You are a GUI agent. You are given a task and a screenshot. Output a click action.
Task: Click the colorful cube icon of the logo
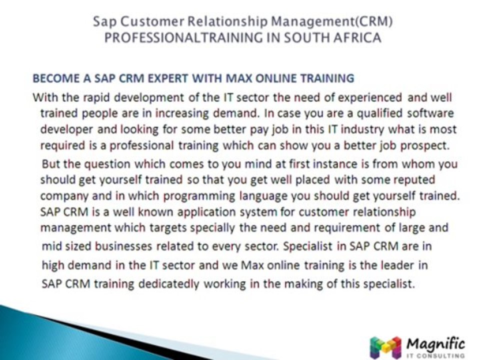tap(385, 347)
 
